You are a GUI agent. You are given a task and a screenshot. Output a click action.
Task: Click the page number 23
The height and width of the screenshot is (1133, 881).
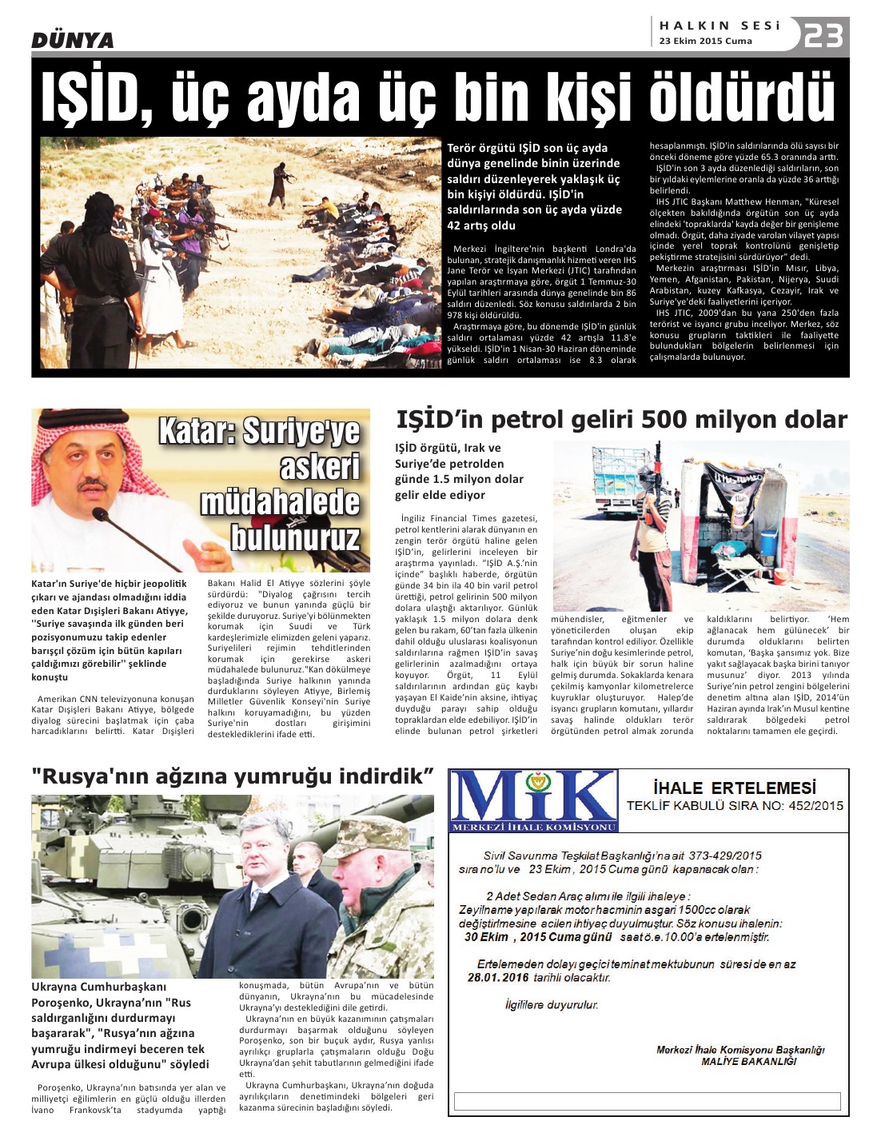click(x=824, y=36)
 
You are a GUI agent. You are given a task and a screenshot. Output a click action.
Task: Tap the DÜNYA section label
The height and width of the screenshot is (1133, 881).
click(x=72, y=40)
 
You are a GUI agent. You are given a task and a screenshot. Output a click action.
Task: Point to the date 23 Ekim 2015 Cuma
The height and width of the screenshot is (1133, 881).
click(x=705, y=41)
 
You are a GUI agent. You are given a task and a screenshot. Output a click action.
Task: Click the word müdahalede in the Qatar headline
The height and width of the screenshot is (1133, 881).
click(x=280, y=502)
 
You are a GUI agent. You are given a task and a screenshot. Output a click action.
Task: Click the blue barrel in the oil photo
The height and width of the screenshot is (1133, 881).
click(x=768, y=541)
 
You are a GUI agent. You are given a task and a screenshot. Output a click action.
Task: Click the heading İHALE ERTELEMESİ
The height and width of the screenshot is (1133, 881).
click(x=734, y=788)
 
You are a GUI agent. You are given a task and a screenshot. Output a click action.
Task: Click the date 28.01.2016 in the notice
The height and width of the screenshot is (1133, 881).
click(x=498, y=977)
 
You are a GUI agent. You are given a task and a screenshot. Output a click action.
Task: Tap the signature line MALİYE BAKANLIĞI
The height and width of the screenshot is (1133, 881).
click(x=748, y=1061)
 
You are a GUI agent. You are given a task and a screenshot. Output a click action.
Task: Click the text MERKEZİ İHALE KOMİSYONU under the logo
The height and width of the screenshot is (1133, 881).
click(x=533, y=827)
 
